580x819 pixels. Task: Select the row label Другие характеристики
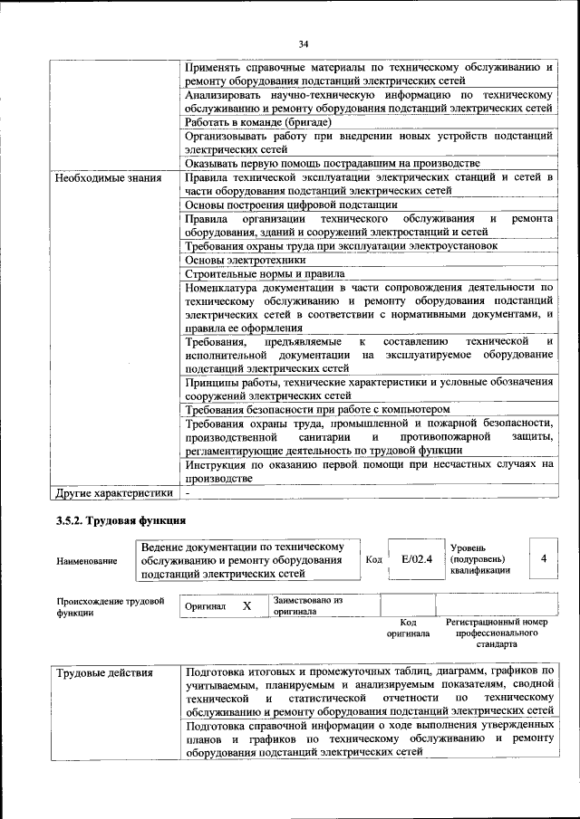tap(113, 493)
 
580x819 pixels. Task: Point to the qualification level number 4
tap(543, 559)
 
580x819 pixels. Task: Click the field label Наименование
tap(86, 561)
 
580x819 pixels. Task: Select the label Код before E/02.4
tap(373, 559)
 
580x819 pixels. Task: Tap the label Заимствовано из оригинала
tap(306, 605)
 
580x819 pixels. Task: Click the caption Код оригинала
tap(408, 629)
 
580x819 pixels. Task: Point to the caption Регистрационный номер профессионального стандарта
tap(497, 633)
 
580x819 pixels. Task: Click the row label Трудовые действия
tap(104, 673)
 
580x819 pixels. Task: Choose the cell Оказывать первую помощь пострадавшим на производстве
tap(332, 163)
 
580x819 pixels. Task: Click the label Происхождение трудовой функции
tap(110, 606)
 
